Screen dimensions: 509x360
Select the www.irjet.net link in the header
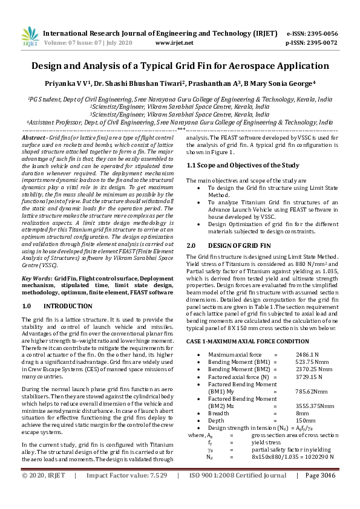174,43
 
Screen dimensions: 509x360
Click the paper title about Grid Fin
180,66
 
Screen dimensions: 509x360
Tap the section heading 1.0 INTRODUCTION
49,306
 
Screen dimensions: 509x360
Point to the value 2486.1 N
307,354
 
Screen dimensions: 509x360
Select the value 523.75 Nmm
310,361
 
